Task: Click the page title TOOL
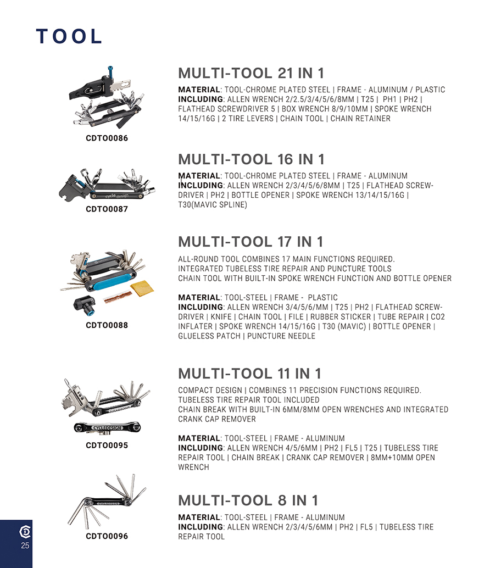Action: click(69, 36)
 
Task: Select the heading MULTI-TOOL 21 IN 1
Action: click(251, 74)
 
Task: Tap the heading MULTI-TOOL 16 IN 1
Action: click(251, 159)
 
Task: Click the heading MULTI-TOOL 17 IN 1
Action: click(250, 242)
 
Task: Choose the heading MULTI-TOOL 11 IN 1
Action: click(249, 374)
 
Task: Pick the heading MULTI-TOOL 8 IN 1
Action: click(248, 500)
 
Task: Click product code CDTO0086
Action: click(107, 138)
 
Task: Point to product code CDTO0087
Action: click(107, 209)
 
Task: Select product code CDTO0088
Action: click(107, 325)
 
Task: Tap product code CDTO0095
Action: click(107, 445)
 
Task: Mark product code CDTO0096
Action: click(107, 536)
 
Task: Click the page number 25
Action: click(25, 545)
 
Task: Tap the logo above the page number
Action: click(25, 532)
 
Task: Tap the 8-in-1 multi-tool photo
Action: click(107, 503)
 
